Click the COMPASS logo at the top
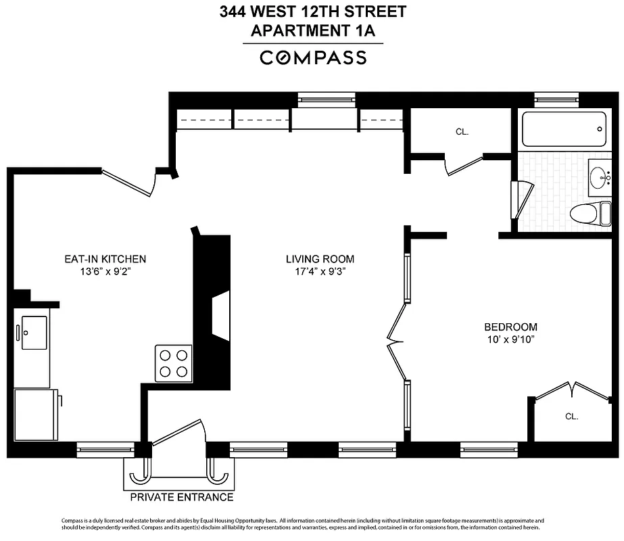click(313, 57)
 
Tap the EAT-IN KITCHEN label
click(105, 259)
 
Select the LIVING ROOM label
click(320, 259)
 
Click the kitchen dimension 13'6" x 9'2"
click(105, 272)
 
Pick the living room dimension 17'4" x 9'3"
click(320, 272)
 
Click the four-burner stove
click(173, 363)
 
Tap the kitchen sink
click(34, 332)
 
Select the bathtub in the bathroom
click(564, 130)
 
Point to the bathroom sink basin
click(598, 178)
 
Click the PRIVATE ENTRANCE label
click(181, 498)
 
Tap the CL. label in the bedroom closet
click(572, 417)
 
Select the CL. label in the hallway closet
click(462, 132)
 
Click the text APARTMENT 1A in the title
click(312, 30)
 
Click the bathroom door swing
click(523, 199)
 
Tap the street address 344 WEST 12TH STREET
click(312, 12)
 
